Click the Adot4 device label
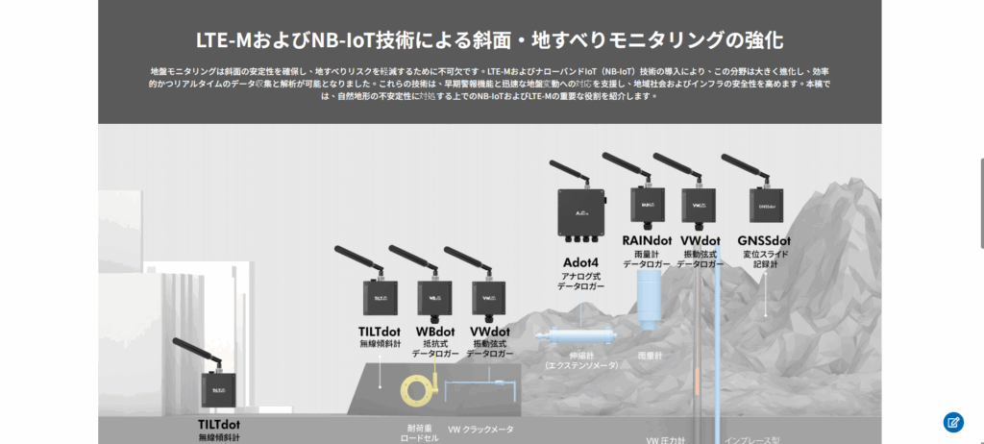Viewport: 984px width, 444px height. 580,262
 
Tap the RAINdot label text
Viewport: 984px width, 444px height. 647,240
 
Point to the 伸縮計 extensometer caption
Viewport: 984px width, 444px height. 580,359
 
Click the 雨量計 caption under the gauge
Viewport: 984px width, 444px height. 650,355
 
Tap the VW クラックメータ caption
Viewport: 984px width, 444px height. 481,429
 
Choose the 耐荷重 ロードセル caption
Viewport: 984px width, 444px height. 420,432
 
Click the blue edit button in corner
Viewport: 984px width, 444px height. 952,421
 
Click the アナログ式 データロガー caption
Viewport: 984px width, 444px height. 580,281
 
